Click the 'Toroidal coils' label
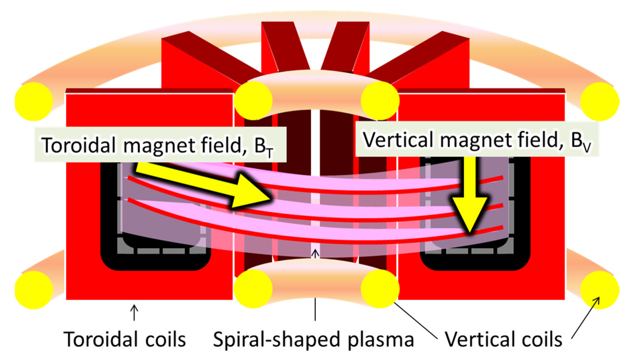point(125,339)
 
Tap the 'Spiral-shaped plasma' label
point(313,339)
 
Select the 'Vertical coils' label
point(503,339)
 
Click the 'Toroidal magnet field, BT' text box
point(160,145)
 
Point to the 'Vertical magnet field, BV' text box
point(477,140)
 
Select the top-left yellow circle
point(34,101)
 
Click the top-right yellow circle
point(600,101)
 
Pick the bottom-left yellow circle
point(34,290)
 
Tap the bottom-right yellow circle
point(600,290)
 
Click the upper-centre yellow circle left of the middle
point(253,101)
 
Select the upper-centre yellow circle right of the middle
point(380,101)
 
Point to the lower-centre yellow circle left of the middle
point(253,289)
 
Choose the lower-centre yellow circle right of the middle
point(380,289)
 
